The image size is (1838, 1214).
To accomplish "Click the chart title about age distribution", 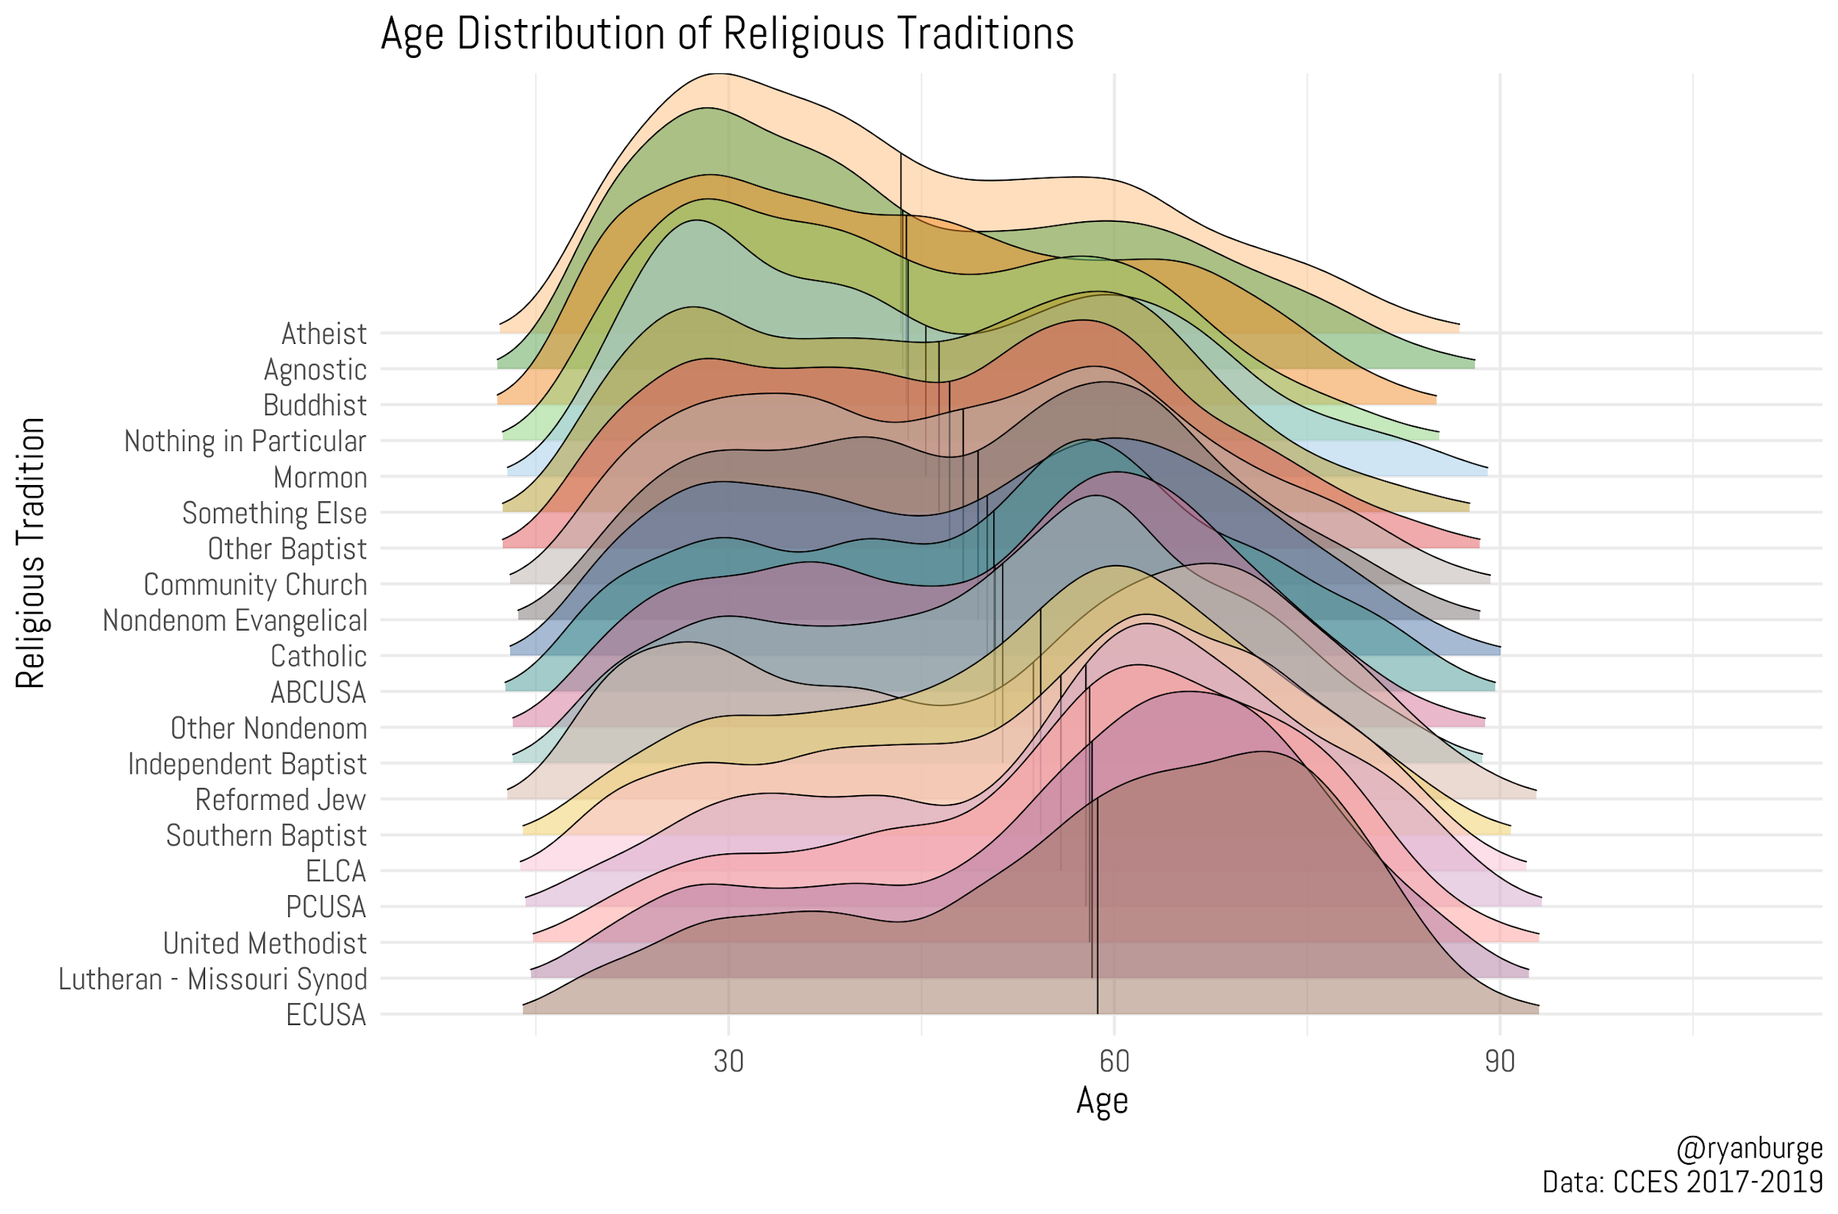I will click(x=726, y=35).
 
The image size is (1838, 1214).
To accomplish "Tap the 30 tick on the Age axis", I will click(x=728, y=1061).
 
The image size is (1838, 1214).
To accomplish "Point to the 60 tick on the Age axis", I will click(x=1114, y=1061).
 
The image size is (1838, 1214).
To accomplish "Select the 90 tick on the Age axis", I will click(x=1500, y=1061).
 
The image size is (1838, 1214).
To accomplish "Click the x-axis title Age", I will click(x=1101, y=1101).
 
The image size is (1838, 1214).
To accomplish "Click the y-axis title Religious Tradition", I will click(x=31, y=553).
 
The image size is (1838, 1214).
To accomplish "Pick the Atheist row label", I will click(x=323, y=334).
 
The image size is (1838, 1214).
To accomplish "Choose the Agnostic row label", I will click(x=315, y=370).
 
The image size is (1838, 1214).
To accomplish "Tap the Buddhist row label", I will click(x=315, y=405).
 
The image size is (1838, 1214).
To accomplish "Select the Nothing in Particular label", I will click(x=245, y=442).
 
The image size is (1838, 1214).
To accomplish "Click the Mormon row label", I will click(x=320, y=477).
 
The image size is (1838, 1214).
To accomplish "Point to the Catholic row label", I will click(x=318, y=656).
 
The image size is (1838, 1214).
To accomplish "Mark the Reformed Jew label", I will click(x=280, y=799).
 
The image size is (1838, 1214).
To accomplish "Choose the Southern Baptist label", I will click(x=265, y=836).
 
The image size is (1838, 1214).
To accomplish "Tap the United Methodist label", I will click(x=264, y=943).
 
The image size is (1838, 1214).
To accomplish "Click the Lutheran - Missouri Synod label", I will click(x=212, y=979).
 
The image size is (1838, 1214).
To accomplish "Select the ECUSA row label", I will click(x=325, y=1014).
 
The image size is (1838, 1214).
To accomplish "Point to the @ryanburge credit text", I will click(x=1749, y=1149).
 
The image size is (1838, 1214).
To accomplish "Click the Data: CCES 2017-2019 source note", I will click(x=1681, y=1182).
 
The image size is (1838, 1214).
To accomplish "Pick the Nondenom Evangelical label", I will click(x=235, y=620).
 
